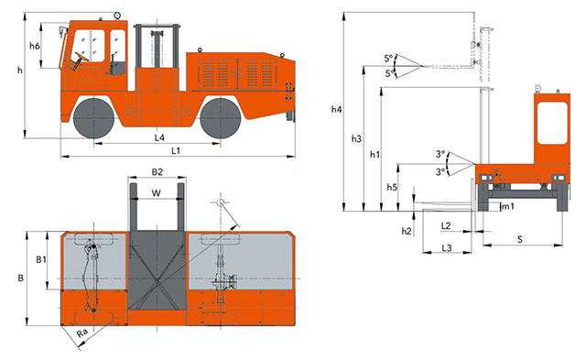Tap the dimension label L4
158,137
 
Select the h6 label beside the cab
35,46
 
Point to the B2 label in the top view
157,171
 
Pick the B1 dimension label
40,260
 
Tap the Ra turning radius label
82,333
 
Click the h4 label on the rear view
337,110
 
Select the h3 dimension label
357,138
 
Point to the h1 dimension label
374,155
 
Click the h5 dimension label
392,187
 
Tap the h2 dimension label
407,231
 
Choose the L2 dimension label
445,224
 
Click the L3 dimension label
445,247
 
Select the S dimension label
519,239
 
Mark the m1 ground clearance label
505,207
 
